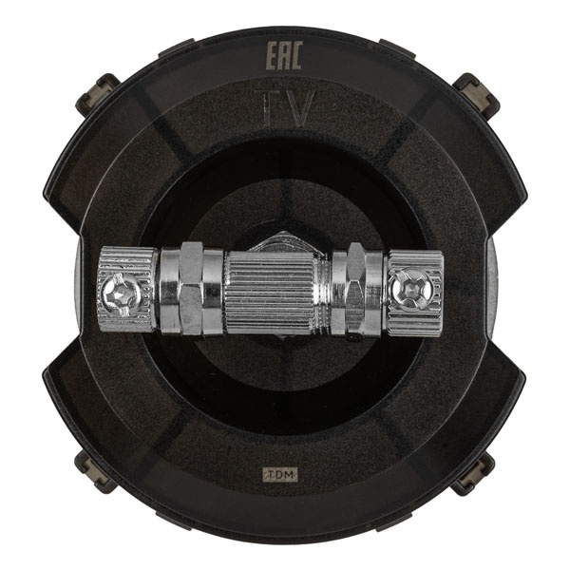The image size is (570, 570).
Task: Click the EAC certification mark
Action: click(284, 56)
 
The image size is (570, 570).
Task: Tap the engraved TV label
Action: click(284, 108)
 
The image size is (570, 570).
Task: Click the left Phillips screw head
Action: click(121, 292)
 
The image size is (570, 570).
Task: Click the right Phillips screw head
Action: click(409, 287)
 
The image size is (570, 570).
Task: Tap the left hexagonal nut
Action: click(191, 287)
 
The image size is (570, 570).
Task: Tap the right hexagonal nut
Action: click(356, 289)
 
